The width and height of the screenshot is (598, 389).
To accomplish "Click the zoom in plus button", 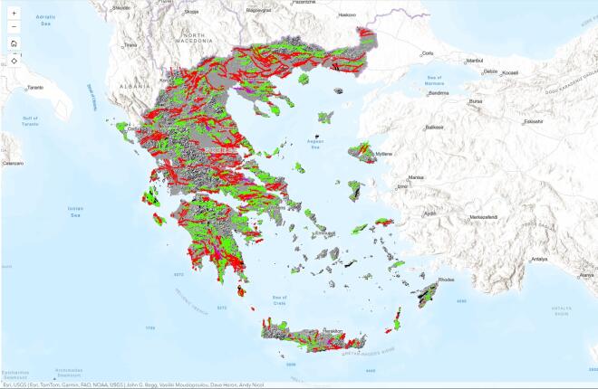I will [14, 14].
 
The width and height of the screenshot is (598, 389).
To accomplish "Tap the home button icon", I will [14, 43].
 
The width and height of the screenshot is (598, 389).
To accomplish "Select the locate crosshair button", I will [14, 61].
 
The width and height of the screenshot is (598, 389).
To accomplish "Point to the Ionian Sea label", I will [76, 211].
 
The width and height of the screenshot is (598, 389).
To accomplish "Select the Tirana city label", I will [131, 44].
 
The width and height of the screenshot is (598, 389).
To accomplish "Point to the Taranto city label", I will [35, 87].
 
